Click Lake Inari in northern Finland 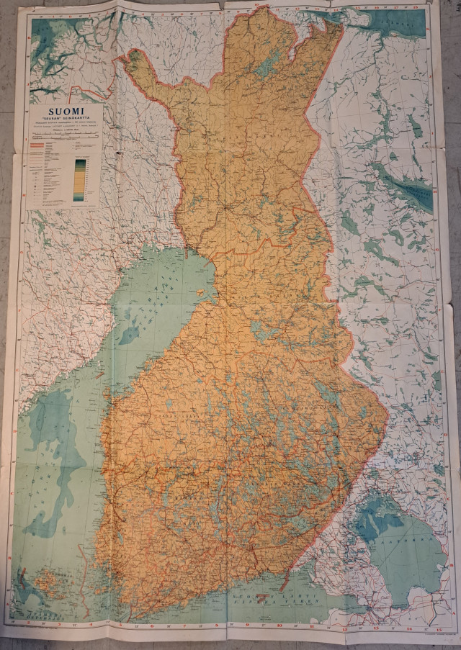267,66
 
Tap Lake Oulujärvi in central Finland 264,331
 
